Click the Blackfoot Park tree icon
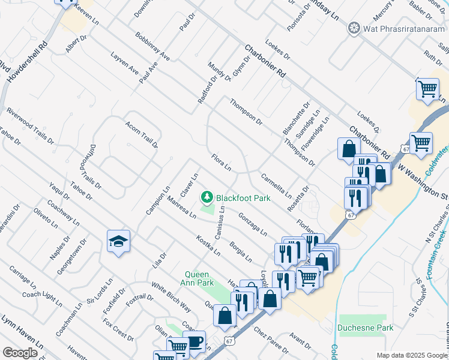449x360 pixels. [x=207, y=197]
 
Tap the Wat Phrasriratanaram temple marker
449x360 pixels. [x=354, y=28]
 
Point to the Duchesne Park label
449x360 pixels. [x=365, y=328]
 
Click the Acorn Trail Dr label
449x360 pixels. [x=141, y=134]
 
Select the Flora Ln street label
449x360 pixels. [x=221, y=162]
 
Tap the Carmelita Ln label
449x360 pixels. [x=276, y=186]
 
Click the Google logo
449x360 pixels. [x=20, y=353]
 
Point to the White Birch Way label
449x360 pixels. [x=170, y=298]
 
